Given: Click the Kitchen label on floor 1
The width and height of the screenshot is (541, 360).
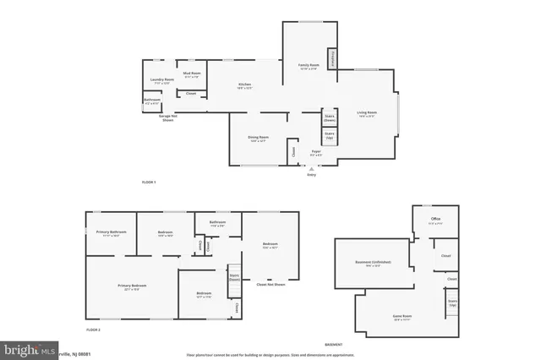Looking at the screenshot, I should (x=244, y=85).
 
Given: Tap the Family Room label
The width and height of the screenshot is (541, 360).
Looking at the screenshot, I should (x=308, y=67).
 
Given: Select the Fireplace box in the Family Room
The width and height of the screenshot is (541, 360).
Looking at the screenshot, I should (x=333, y=59).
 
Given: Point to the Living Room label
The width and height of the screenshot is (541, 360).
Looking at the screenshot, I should (x=366, y=113).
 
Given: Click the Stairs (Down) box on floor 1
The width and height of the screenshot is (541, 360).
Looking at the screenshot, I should (x=330, y=118).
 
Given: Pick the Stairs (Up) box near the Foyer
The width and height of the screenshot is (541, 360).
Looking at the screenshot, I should (x=330, y=135).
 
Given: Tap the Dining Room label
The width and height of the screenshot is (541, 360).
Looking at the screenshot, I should (x=258, y=139).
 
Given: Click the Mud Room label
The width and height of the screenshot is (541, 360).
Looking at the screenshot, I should (x=192, y=75).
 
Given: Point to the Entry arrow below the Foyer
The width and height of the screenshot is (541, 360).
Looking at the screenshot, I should (x=310, y=170).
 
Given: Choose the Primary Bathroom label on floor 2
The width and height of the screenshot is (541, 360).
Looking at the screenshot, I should (x=111, y=233).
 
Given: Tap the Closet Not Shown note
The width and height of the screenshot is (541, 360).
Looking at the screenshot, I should (x=270, y=284).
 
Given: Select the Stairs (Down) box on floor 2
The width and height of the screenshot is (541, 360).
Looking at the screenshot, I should (x=234, y=276).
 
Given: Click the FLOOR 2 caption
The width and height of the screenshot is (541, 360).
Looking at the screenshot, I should (x=93, y=329).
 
